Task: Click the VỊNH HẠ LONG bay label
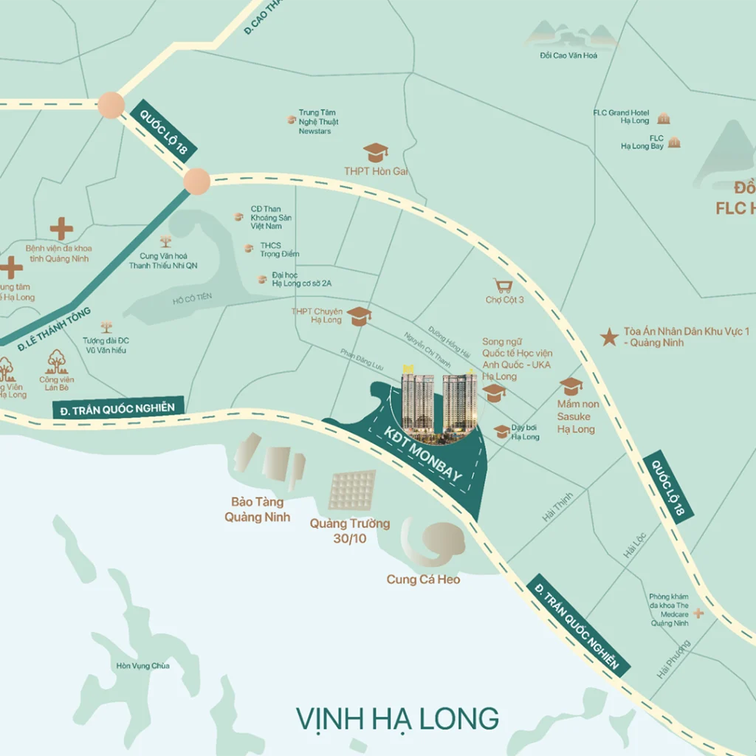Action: click(x=397, y=718)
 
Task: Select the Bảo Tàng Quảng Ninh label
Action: click(x=258, y=509)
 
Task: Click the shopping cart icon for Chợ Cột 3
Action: click(x=504, y=286)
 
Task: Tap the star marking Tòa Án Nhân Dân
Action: click(x=609, y=337)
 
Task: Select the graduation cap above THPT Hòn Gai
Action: click(x=376, y=153)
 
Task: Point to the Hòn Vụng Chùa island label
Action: click(x=143, y=666)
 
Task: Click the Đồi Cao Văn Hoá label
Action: click(x=568, y=55)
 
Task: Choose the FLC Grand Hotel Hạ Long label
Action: click(x=621, y=117)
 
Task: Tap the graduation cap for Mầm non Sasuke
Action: click(x=571, y=386)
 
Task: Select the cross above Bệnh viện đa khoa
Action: click(x=61, y=229)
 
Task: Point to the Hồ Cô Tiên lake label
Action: click(x=192, y=297)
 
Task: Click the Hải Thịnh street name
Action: click(x=557, y=508)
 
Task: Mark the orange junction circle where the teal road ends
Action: click(x=196, y=181)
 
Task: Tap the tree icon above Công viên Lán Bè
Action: click(x=57, y=362)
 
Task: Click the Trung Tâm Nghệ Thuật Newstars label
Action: click(x=318, y=122)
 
